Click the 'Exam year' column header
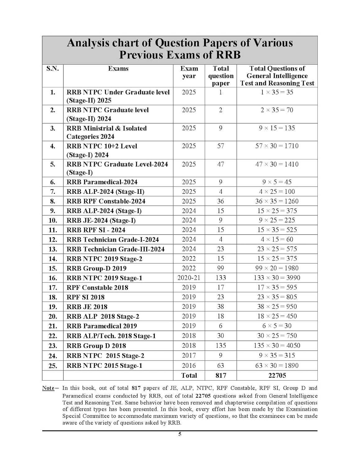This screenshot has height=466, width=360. [x=189, y=72]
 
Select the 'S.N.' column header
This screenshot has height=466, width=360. [x=52, y=68]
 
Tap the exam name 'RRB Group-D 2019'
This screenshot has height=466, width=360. [x=96, y=268]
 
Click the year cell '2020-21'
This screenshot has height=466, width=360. [x=189, y=278]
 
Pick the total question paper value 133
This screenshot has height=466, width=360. [x=221, y=278]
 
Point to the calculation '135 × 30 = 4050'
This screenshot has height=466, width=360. [x=277, y=345]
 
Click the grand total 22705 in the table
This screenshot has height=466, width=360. [x=277, y=375]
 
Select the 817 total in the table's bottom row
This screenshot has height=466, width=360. [x=221, y=375]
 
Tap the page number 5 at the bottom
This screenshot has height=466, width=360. [x=180, y=434]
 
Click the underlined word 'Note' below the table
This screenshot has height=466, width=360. [x=48, y=388]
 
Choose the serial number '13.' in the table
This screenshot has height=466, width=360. [x=52, y=249]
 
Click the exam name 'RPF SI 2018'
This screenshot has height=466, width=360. [x=85, y=297]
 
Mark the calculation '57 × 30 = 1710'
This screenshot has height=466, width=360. [x=277, y=146]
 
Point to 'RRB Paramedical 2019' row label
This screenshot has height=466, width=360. [x=102, y=326]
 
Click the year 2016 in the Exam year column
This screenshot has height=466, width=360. [x=189, y=365]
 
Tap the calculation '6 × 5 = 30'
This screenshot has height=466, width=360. [x=277, y=326]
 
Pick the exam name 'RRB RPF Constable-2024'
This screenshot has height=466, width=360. [x=106, y=201]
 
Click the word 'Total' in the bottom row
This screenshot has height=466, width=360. [x=189, y=375]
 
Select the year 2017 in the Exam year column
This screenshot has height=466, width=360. [x=189, y=355]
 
